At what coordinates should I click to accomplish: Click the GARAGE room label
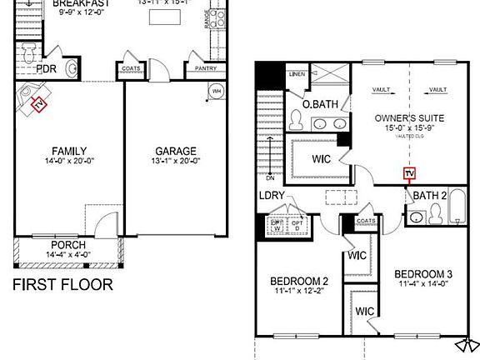tap(175, 152)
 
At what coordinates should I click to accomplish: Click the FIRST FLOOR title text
tap(62, 284)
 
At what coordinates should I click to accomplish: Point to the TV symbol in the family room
tap(37, 103)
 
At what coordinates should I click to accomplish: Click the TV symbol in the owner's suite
tap(408, 174)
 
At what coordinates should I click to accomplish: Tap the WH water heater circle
tap(216, 90)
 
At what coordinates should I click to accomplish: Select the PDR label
tap(46, 69)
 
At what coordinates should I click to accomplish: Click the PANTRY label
tap(205, 69)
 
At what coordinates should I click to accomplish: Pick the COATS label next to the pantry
tap(131, 69)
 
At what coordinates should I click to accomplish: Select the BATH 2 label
tap(431, 196)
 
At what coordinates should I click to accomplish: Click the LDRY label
tap(272, 196)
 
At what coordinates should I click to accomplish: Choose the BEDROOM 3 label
tap(423, 274)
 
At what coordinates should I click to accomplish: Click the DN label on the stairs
tap(269, 177)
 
